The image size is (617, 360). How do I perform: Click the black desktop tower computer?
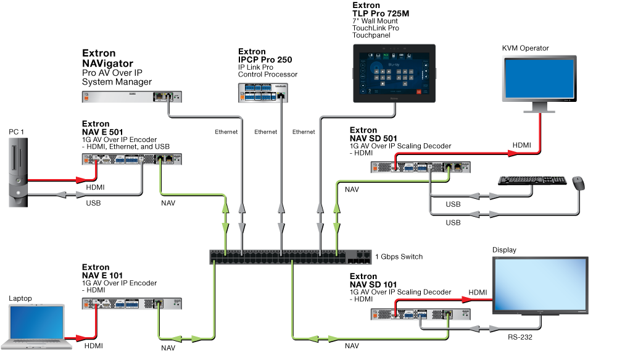19,172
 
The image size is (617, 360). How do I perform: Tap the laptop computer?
37,325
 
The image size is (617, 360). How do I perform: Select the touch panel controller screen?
394,73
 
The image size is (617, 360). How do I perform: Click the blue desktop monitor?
539,80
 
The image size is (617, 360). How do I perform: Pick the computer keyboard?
532,180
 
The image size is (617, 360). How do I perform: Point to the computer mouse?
578,183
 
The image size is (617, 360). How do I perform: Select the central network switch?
290,257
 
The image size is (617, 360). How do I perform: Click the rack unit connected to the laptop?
131,303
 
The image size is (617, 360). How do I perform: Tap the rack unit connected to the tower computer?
131,159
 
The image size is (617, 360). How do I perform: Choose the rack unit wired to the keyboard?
420,167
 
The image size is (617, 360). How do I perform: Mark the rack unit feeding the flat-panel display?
420,314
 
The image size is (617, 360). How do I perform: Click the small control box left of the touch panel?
263,93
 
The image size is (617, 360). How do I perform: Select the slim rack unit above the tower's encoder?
131,97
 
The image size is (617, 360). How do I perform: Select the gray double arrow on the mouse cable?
485,214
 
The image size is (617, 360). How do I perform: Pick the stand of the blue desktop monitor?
539,108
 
